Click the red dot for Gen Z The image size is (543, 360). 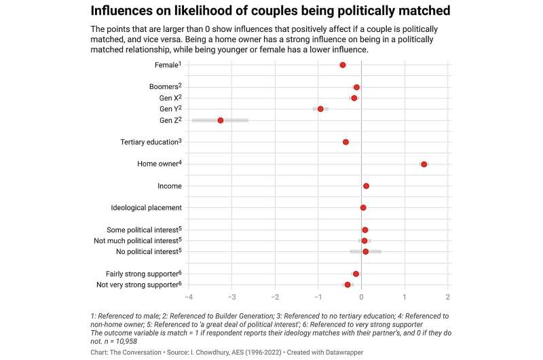221,120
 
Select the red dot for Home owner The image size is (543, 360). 424,164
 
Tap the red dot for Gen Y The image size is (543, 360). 320,109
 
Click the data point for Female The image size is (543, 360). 343,65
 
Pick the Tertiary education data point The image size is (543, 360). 345,142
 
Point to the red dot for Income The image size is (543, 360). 366,185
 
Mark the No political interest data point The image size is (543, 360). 365,251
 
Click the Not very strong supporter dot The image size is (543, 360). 348,285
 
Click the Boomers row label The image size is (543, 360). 165,87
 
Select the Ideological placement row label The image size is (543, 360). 146,208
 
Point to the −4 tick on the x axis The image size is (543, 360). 188,297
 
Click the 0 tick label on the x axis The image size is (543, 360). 362,297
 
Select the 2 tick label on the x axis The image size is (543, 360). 448,297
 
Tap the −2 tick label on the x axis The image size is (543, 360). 275,297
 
